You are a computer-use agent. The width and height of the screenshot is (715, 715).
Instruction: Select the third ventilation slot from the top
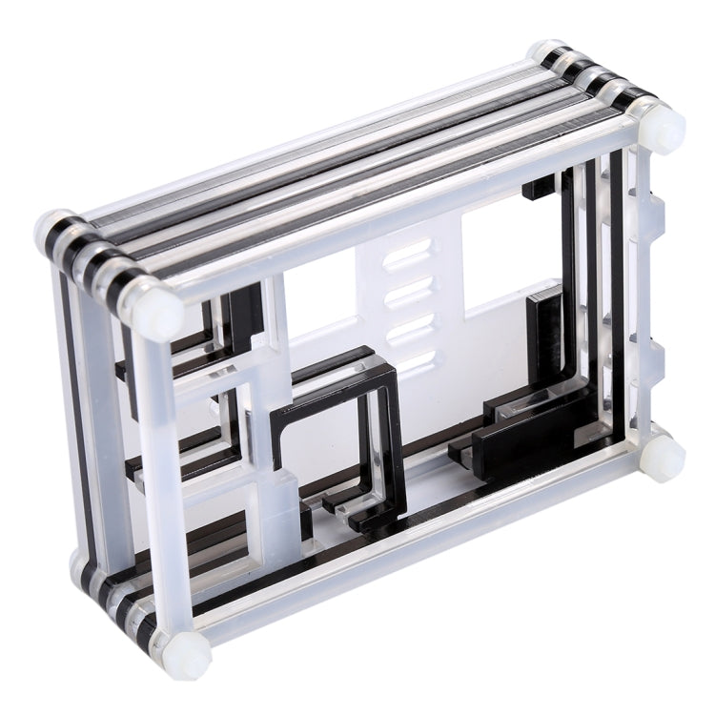pos(407,325)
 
